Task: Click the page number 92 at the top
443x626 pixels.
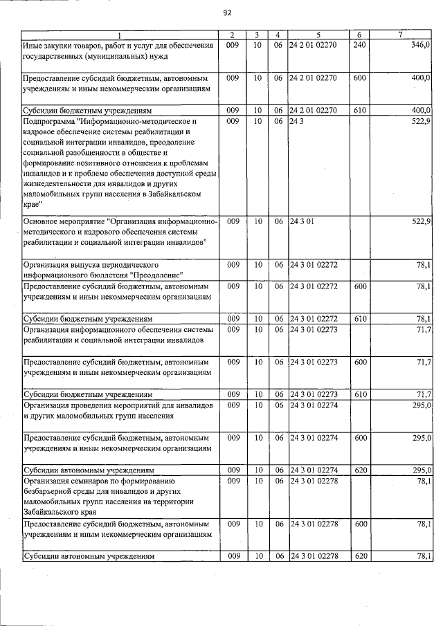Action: (x=227, y=12)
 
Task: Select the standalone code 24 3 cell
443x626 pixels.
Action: (x=297, y=120)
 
